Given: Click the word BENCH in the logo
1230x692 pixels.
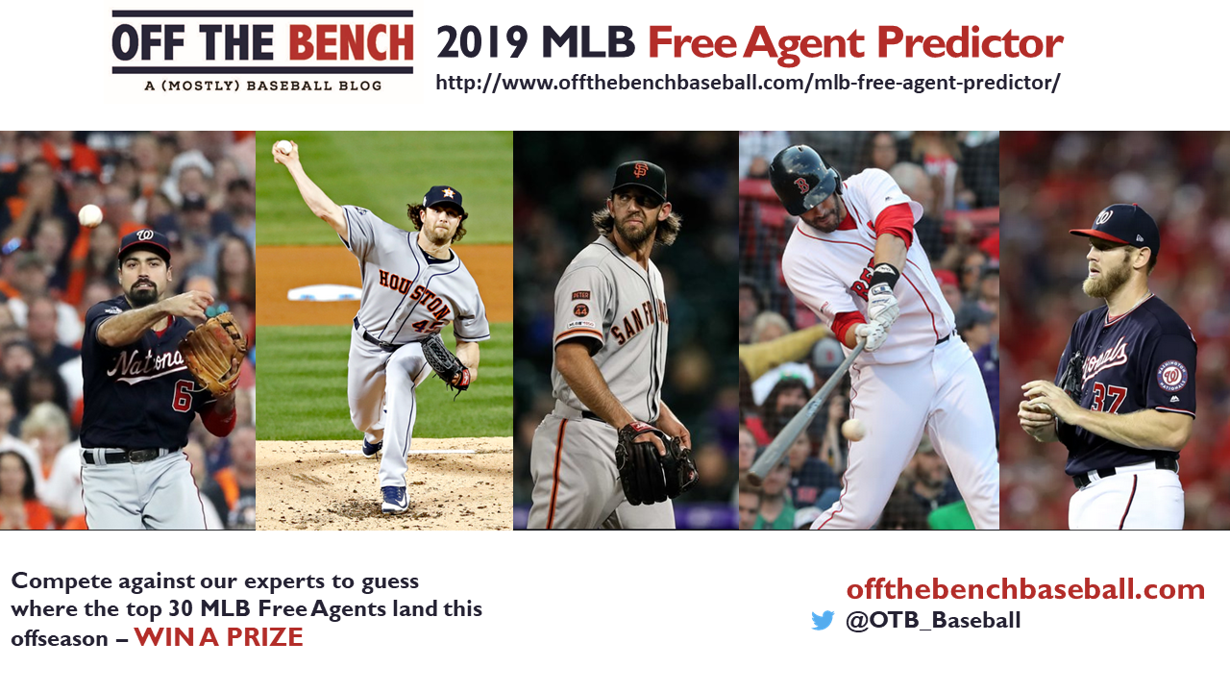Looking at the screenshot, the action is [x=351, y=42].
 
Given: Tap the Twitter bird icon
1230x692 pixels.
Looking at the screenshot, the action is [x=822, y=621].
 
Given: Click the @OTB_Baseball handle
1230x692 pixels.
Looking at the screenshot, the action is [x=933, y=621].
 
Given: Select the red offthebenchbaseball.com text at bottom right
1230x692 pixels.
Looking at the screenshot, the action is [x=1025, y=589].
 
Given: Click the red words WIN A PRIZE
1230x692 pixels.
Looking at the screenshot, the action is [x=218, y=637].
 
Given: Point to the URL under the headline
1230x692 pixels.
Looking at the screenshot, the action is [x=748, y=83].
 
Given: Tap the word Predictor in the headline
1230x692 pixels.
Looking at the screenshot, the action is [x=970, y=42].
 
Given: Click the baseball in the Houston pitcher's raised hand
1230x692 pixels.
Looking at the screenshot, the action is [x=283, y=147].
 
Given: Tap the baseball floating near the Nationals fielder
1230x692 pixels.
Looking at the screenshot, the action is [x=90, y=215].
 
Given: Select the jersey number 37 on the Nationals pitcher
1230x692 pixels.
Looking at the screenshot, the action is [x=1108, y=397].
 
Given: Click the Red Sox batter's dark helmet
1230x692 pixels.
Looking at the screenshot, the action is [x=804, y=179].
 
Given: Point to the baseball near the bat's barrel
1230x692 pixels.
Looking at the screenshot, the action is [x=852, y=430].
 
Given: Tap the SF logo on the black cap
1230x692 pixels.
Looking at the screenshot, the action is [x=640, y=170].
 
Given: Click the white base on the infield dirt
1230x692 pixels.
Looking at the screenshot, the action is [x=325, y=293].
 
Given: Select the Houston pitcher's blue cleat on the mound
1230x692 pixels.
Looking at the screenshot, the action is [x=395, y=499].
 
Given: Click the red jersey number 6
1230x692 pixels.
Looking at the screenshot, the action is [x=183, y=397].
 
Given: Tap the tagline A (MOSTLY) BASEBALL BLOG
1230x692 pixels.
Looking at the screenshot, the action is [x=263, y=86].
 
